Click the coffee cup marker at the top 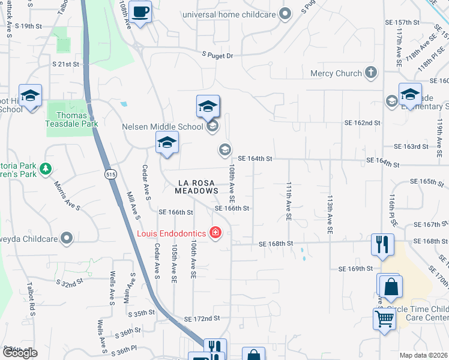point(140,12)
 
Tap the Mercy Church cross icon point(371,73)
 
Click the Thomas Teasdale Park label point(71,119)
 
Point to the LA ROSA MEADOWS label point(196,187)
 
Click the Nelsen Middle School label point(162,127)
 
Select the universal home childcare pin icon point(286,13)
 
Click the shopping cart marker point(384,319)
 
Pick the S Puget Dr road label point(217,55)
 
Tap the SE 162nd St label point(363,122)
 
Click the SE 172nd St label point(202,319)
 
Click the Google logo point(20,353)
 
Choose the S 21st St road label point(66,64)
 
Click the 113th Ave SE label point(330,213)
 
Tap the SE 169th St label point(355,269)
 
